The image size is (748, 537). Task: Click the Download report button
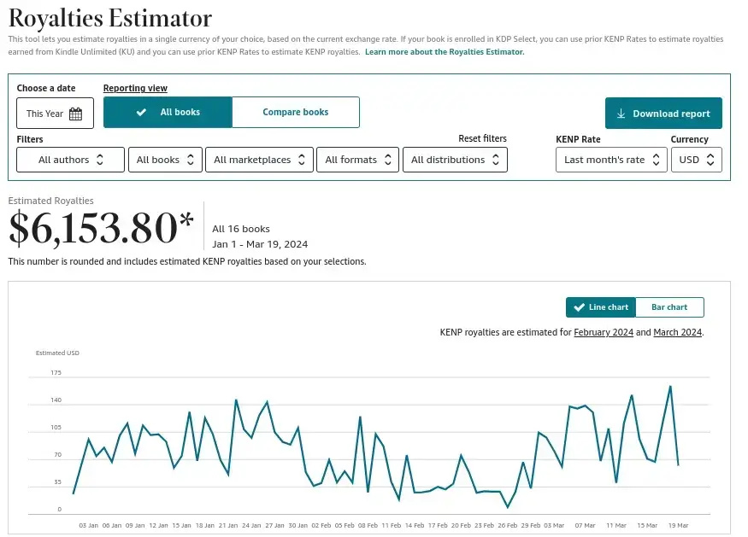tap(663, 114)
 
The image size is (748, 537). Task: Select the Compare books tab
tap(295, 112)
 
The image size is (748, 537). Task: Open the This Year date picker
tap(55, 114)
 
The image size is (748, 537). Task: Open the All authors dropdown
tap(71, 160)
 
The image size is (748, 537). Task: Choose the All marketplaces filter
tap(259, 160)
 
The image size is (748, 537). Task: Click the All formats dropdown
tap(358, 160)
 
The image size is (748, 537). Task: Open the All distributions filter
tap(455, 160)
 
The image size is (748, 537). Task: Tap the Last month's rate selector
tap(611, 160)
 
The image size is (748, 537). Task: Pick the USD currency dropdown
tap(697, 160)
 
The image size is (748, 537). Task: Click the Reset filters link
tap(482, 138)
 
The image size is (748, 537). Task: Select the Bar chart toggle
tap(669, 307)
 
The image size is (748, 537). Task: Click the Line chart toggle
tap(601, 307)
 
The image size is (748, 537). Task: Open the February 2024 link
tap(604, 332)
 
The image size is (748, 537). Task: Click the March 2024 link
tap(677, 332)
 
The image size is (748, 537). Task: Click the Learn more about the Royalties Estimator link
tap(445, 52)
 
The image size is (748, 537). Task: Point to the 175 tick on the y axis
tap(56, 373)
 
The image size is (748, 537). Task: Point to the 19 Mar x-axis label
tap(678, 525)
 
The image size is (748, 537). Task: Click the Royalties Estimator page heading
tap(109, 17)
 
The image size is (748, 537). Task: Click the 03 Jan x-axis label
tap(88, 525)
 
